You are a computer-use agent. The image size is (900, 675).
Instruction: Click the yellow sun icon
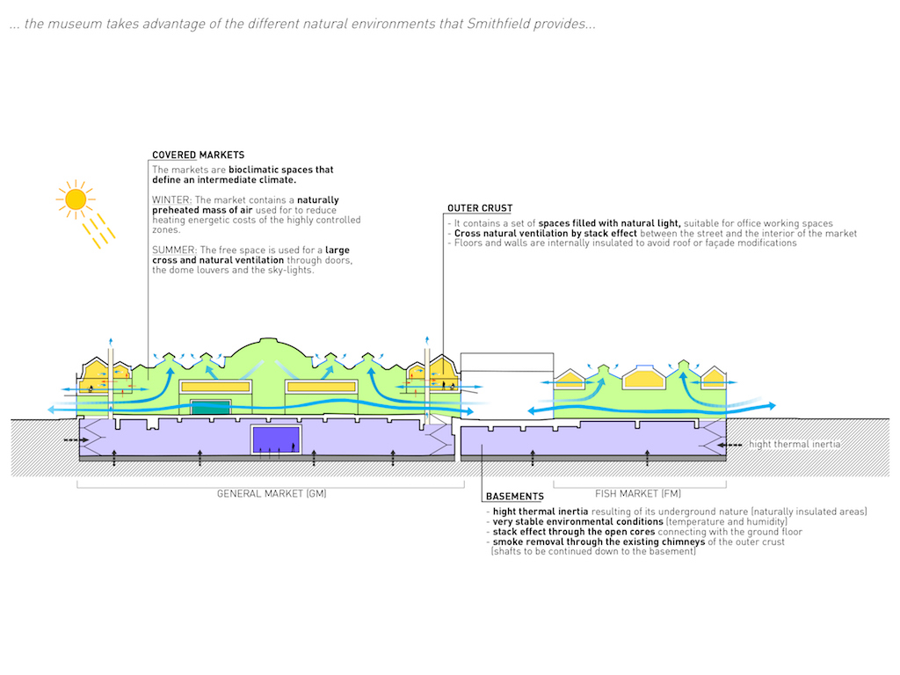(76, 200)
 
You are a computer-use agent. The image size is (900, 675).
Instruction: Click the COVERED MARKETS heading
(198, 155)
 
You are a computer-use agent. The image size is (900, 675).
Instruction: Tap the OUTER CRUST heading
(480, 208)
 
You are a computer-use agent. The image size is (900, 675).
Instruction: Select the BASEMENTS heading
(515, 497)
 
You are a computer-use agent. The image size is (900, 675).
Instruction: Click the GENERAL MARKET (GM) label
(272, 494)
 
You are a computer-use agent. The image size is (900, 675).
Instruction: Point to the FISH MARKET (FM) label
(638, 494)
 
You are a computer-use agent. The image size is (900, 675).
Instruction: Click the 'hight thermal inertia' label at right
(795, 444)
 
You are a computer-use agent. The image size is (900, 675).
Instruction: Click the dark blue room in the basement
(276, 439)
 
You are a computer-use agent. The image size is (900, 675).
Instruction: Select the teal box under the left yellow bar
(211, 407)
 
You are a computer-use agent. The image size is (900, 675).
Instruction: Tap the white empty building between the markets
(507, 386)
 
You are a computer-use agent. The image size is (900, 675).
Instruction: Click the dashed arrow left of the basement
(76, 440)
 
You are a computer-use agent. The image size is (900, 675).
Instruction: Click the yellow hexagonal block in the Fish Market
(644, 377)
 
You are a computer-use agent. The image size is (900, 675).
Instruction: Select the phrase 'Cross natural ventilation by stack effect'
(546, 234)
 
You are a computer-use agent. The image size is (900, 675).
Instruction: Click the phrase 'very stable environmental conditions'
(578, 522)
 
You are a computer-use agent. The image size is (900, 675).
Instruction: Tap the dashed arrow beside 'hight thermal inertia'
(729, 445)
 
